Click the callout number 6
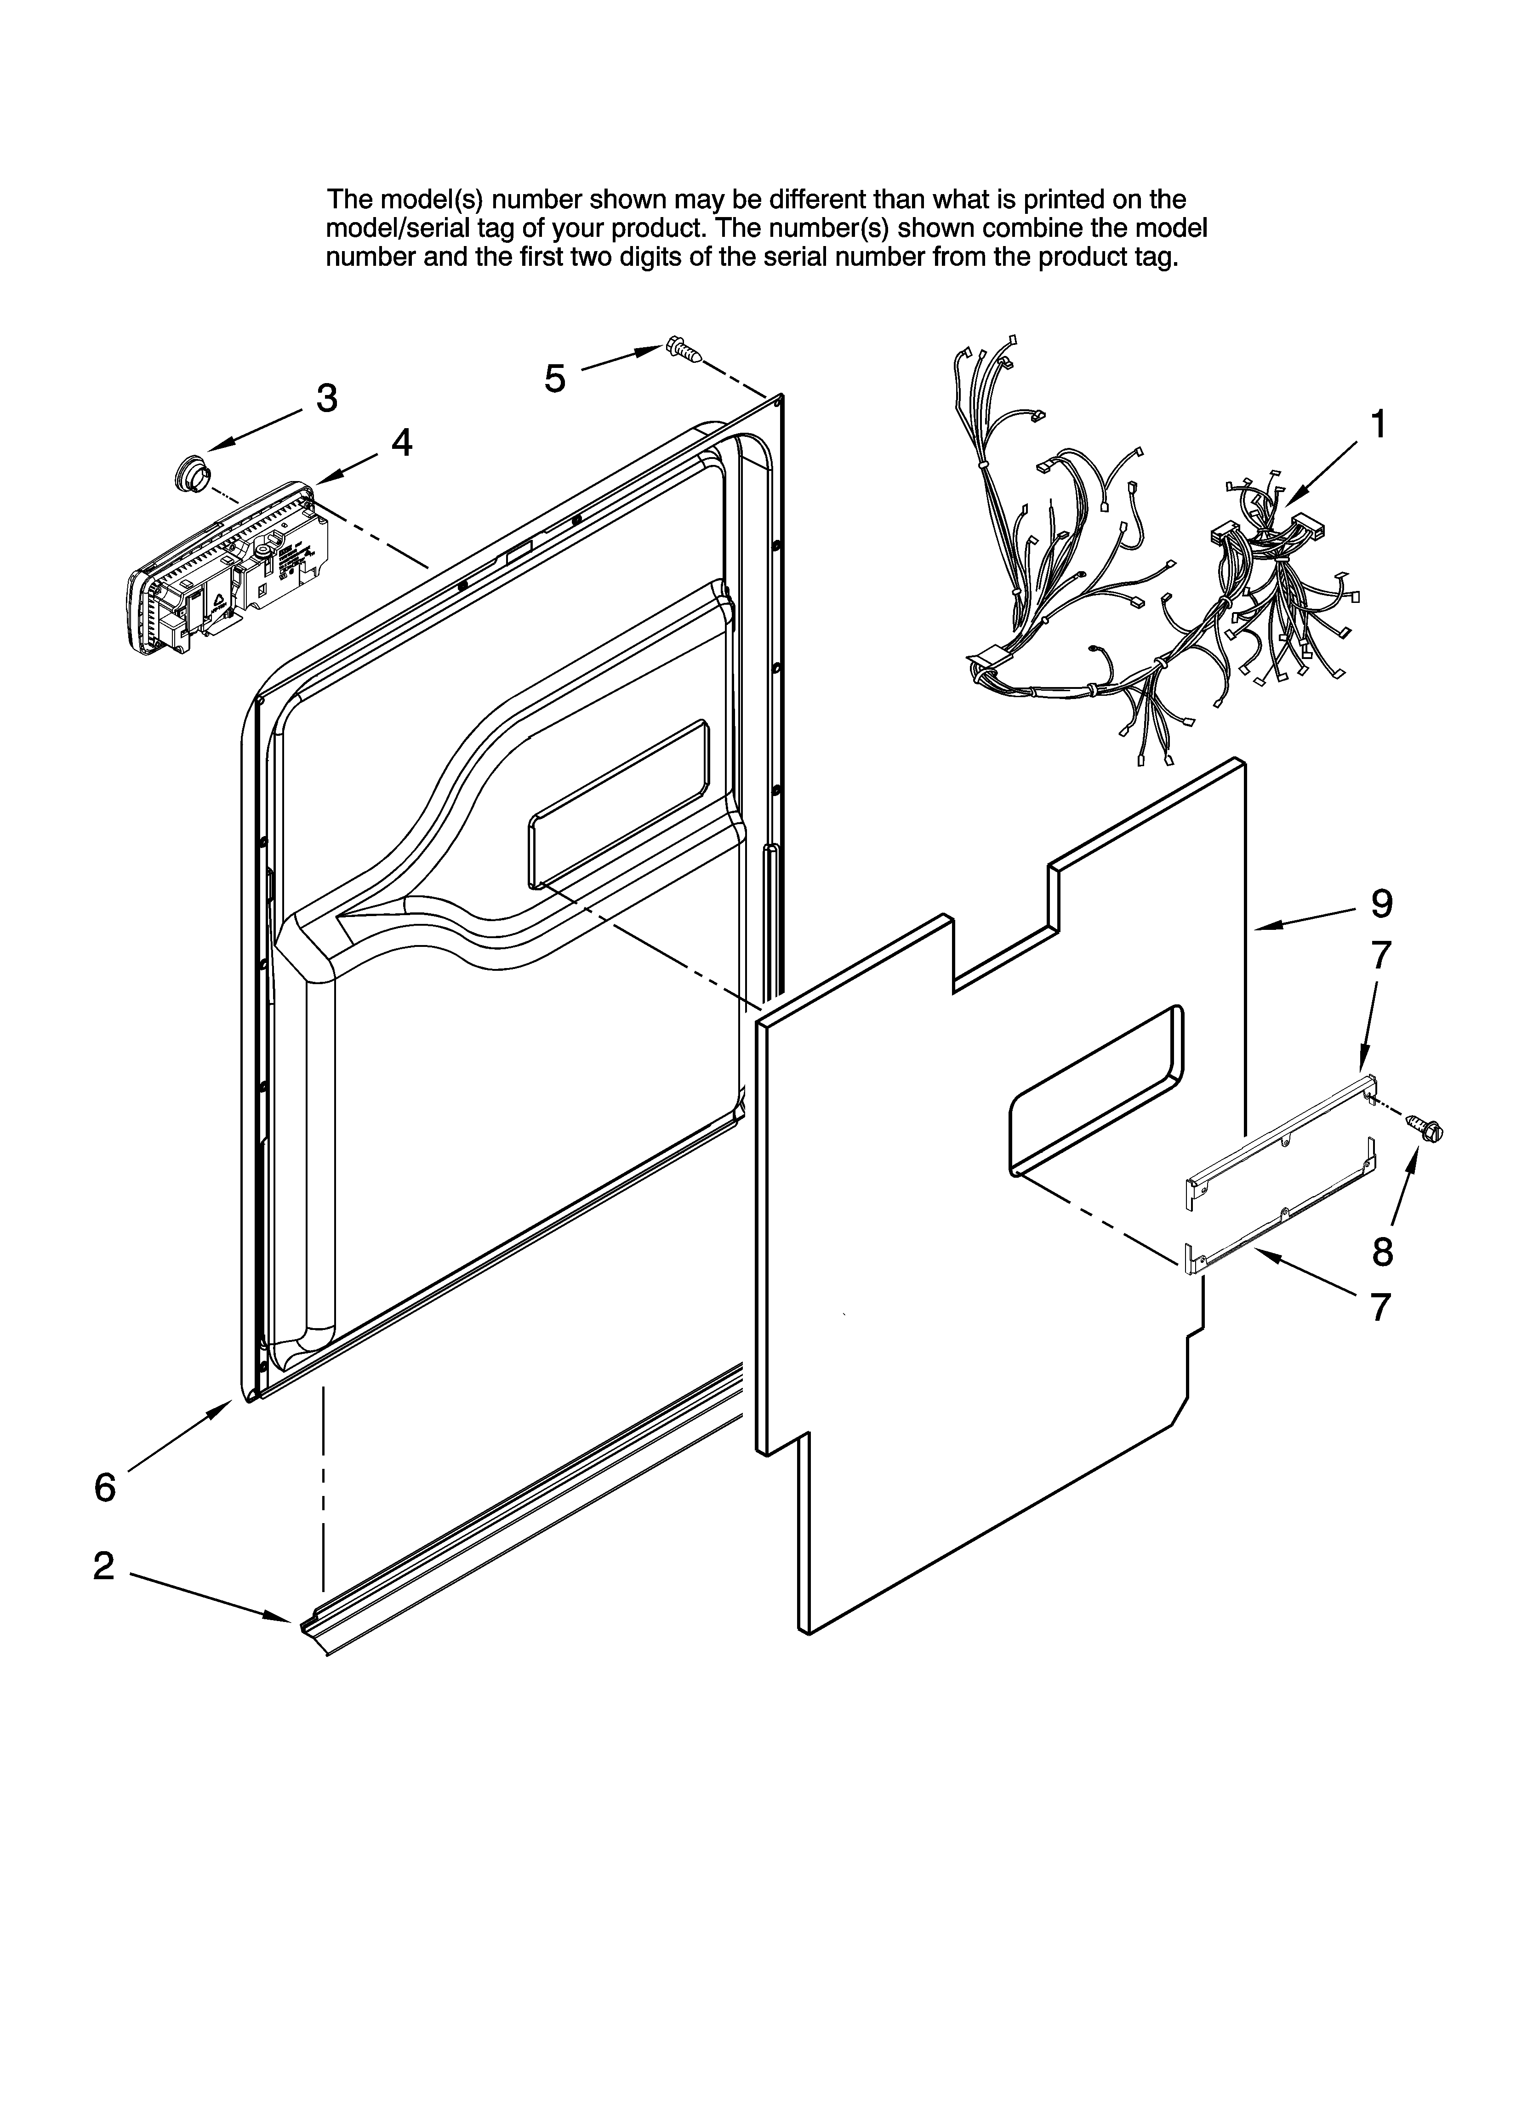tap(105, 1488)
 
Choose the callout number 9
tap(1381, 904)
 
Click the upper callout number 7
tap(1381, 955)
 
